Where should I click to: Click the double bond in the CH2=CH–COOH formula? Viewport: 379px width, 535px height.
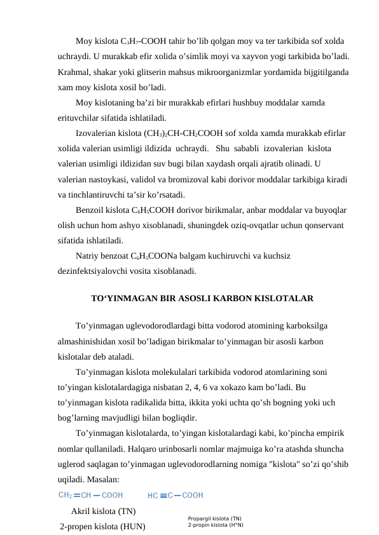tap(76, 495)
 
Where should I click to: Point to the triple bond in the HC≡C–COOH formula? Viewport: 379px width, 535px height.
tap(163, 495)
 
